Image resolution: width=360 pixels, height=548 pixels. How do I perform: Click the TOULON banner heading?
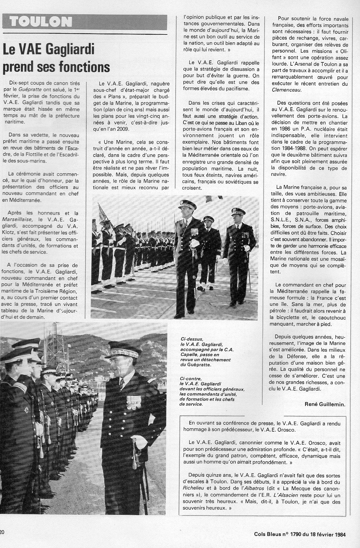coord(41,22)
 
